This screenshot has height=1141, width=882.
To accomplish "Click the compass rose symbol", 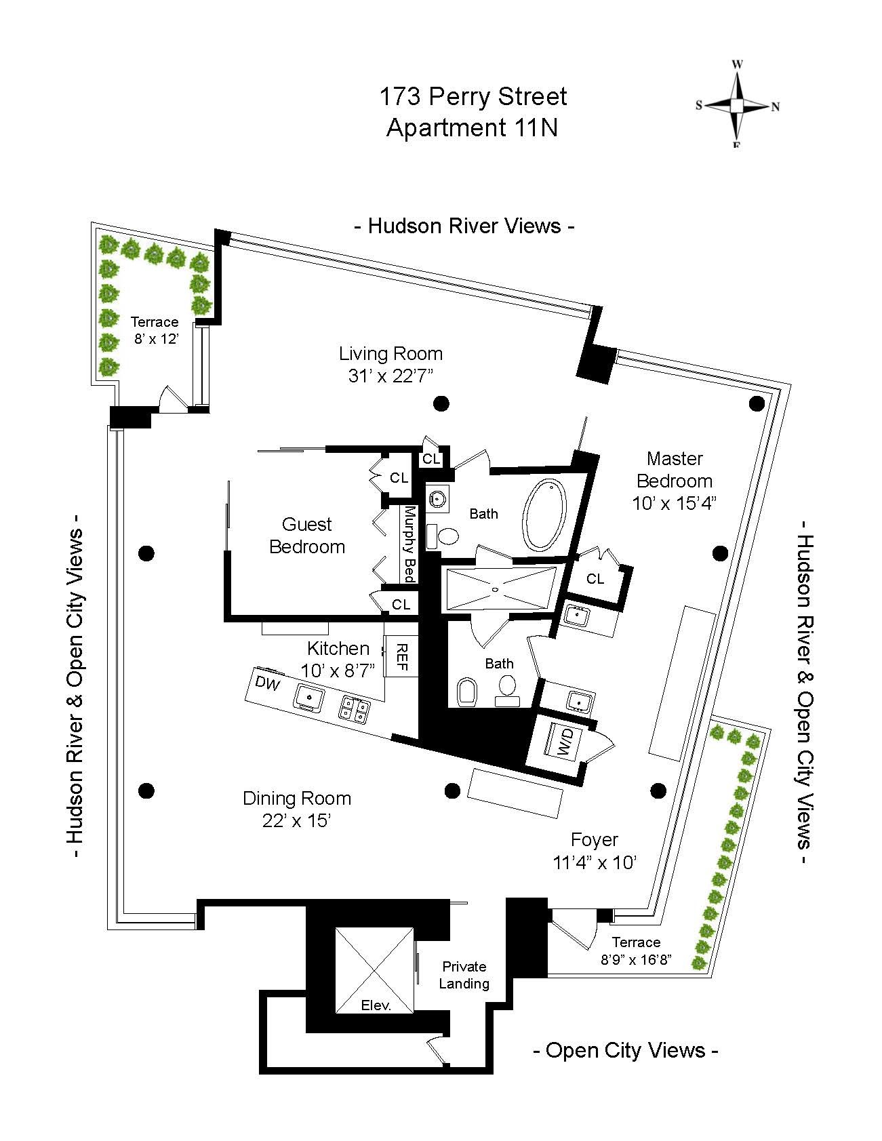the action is point(737,105).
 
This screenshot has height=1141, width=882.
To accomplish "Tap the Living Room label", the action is point(390,353).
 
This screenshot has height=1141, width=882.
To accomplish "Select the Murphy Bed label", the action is point(409,544).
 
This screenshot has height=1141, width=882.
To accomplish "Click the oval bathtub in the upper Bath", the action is point(544,515).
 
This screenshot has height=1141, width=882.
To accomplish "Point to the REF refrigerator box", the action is point(401,656).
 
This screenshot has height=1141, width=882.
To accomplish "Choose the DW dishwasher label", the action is point(268,683).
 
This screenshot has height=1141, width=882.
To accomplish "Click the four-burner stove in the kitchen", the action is point(355,709).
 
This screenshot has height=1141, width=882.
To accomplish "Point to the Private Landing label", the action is point(464,975).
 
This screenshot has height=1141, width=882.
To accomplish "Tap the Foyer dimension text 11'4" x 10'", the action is point(595,862).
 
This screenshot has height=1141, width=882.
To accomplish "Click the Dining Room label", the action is point(297,798).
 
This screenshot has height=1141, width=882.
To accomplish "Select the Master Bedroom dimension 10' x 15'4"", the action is point(674,503).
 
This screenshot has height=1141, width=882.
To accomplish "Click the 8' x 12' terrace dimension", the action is point(155,339).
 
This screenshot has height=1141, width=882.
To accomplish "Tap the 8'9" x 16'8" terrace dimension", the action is point(636,960).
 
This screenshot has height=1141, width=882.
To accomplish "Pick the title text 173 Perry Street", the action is point(473,97).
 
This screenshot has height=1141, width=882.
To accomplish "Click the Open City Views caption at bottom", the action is point(626,1050).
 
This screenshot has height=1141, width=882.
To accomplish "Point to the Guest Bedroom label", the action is point(307,535).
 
